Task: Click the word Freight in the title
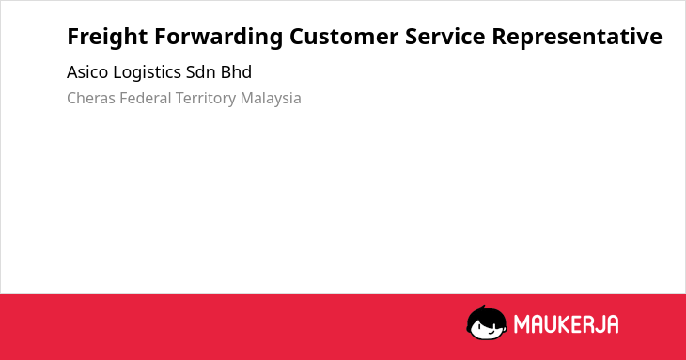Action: point(107,38)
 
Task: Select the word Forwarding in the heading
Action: point(218,38)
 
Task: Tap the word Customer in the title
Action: point(343,37)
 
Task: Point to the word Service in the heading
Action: point(444,37)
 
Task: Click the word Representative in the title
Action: point(577,38)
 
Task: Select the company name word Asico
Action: point(87,72)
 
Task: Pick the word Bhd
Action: point(236,72)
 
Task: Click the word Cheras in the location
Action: point(91,99)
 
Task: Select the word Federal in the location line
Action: point(146,98)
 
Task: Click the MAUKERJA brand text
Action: point(566,324)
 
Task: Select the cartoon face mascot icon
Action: point(487,322)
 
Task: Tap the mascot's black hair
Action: point(486,315)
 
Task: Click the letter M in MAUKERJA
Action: point(521,324)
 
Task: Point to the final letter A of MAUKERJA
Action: point(613,324)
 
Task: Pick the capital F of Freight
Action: point(72,37)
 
